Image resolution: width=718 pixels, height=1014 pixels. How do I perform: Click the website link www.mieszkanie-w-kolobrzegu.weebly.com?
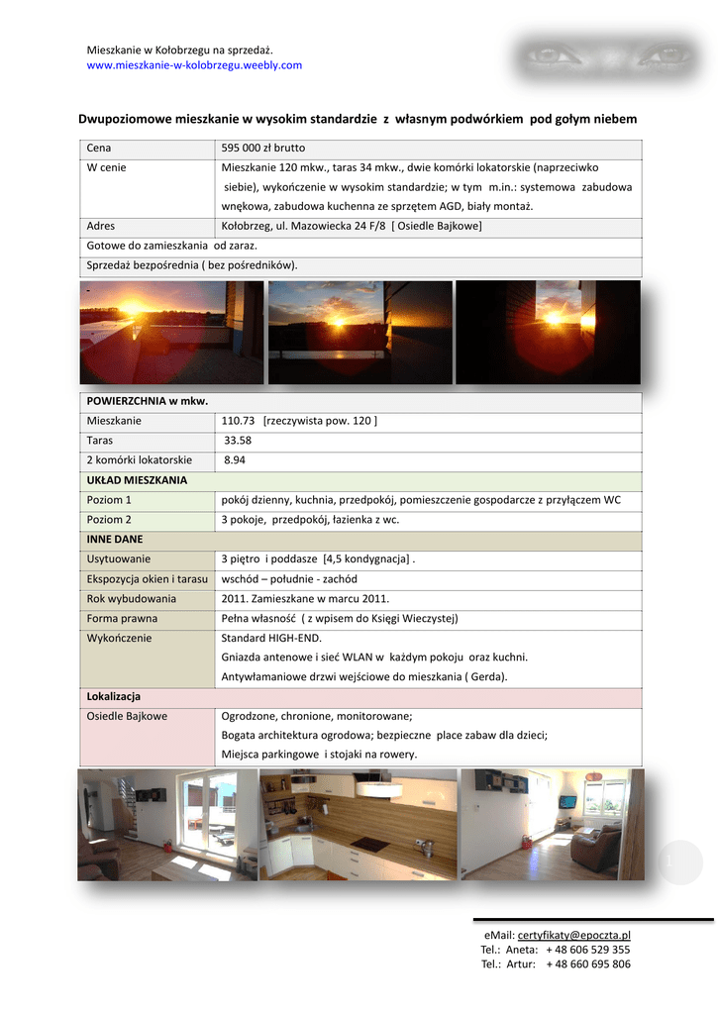tap(194, 65)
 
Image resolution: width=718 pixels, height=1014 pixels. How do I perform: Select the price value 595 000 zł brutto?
tap(263, 148)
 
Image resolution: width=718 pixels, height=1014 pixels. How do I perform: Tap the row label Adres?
tap(101, 226)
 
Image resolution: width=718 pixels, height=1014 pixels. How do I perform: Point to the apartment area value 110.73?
tap(239, 421)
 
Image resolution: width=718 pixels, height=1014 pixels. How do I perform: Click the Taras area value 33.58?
tap(238, 441)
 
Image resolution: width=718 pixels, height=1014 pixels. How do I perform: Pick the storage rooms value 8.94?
tap(236, 460)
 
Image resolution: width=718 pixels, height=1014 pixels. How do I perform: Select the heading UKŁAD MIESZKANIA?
tap(137, 480)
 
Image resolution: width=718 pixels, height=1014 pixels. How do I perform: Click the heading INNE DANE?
tap(115, 540)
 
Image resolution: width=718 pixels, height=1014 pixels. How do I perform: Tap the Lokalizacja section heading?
tap(114, 696)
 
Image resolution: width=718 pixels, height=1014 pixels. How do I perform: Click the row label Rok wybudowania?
tap(132, 598)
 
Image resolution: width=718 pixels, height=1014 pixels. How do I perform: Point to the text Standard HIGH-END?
tap(271, 638)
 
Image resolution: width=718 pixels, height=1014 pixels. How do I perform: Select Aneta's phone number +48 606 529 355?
tap(587, 950)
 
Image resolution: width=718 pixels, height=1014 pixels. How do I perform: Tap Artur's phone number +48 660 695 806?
tap(587, 964)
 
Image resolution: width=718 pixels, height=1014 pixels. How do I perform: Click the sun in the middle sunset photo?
tap(337, 323)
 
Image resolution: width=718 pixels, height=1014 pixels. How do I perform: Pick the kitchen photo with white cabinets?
tap(358, 824)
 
